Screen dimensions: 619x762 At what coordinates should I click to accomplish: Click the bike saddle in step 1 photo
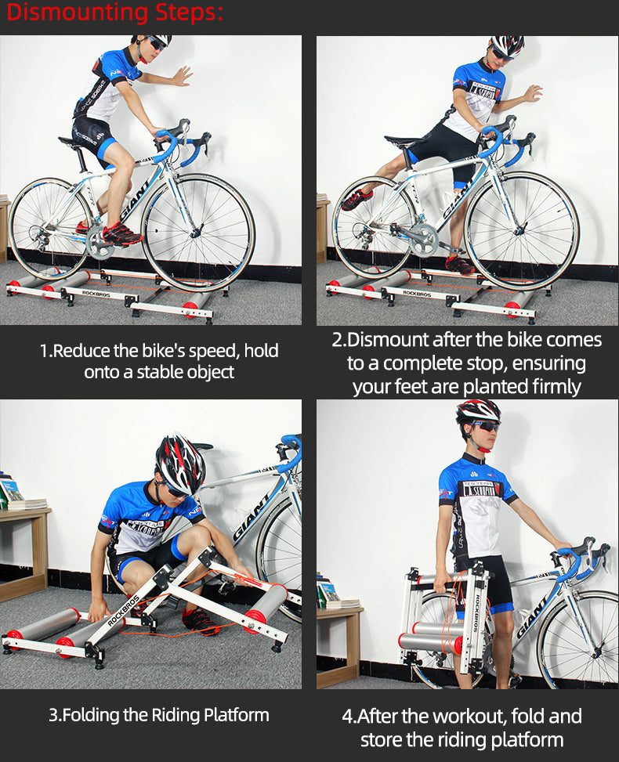pyautogui.click(x=71, y=142)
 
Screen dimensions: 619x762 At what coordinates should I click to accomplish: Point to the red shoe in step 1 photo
pyautogui.click(x=121, y=234)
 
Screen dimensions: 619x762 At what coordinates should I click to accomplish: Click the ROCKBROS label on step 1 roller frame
pyautogui.click(x=96, y=294)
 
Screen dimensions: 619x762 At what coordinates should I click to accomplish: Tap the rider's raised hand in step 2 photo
pyautogui.click(x=530, y=93)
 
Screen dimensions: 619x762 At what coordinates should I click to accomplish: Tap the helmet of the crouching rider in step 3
pyautogui.click(x=181, y=463)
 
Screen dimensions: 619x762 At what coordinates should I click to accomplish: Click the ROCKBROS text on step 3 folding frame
pyautogui.click(x=123, y=610)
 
